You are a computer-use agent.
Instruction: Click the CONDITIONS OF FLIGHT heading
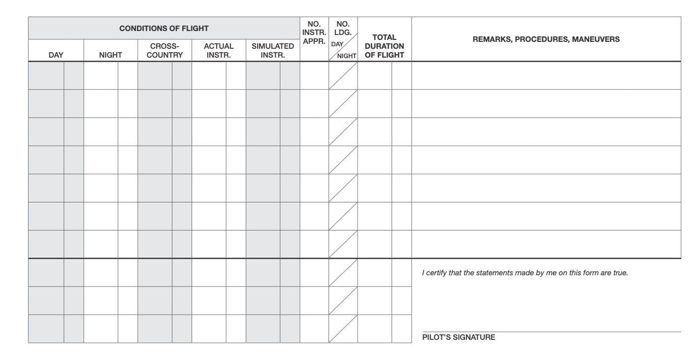coord(164,29)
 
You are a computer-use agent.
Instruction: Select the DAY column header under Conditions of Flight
coord(56,55)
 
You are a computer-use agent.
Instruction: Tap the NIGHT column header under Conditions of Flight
coord(110,55)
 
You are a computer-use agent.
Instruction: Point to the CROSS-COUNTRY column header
coord(165,51)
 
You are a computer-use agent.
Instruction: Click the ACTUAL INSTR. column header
coord(219,51)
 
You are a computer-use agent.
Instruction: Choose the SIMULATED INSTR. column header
coord(273,51)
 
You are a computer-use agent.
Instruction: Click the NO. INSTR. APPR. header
coord(314,33)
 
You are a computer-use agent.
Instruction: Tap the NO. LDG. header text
coord(343,28)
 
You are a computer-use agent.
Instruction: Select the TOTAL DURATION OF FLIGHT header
coord(384,46)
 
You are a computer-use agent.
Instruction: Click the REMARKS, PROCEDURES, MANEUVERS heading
coord(546,39)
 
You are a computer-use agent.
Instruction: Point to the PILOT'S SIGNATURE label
coord(459,337)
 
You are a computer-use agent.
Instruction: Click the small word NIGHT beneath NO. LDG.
coord(347,56)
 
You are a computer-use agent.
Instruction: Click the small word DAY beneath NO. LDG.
coord(337,44)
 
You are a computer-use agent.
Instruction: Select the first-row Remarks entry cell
coord(546,75)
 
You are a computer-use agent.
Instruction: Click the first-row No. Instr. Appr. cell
coord(314,75)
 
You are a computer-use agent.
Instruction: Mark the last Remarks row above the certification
coord(546,244)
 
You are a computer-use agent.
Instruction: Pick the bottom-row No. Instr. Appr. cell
coord(314,328)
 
